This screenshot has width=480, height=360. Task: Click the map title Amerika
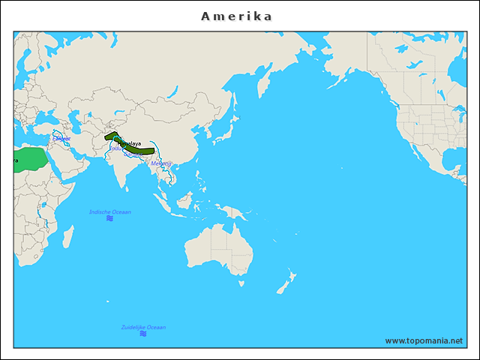click(236, 16)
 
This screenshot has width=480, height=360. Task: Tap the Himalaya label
click(130, 143)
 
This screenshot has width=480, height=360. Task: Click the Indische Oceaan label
click(110, 212)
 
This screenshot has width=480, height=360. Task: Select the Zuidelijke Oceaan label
click(143, 327)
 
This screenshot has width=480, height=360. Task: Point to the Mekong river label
click(161, 163)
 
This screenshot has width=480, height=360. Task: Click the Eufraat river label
click(61, 139)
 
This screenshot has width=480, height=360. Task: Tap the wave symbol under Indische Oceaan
click(109, 219)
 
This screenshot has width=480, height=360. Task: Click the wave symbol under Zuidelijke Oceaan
click(143, 334)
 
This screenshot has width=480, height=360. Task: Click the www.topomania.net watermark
click(424, 340)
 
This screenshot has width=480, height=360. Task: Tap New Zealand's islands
click(286, 283)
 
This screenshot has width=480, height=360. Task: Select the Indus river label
click(115, 148)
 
